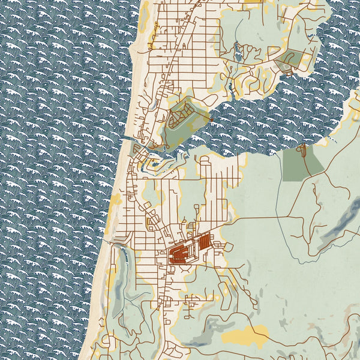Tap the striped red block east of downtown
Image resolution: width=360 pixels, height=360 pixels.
click(203, 242)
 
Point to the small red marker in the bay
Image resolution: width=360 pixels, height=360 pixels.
click(212, 120)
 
